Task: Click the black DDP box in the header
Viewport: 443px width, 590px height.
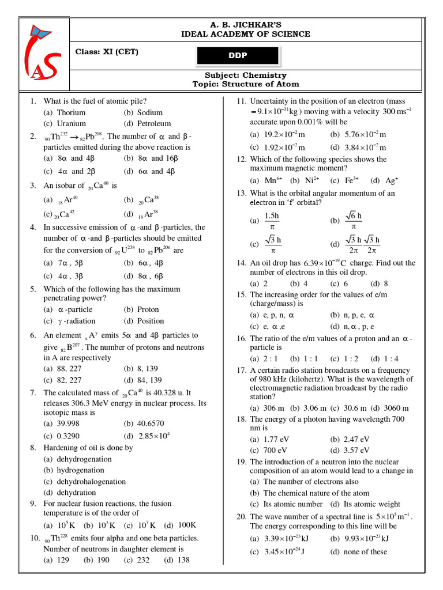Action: (238, 55)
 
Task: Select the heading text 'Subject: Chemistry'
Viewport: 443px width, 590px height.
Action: (246, 75)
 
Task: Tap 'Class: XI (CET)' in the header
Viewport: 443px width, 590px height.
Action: (107, 52)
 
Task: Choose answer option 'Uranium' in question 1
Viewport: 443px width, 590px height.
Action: (71, 123)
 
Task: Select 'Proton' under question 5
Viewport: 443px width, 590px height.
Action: (148, 309)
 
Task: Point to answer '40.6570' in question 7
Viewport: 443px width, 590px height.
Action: (151, 423)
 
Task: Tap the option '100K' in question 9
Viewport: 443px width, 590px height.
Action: (187, 525)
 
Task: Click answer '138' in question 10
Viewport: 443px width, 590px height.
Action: (183, 559)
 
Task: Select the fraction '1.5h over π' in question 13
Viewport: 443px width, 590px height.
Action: (271, 221)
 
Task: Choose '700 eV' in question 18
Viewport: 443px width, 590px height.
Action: (268, 450)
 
